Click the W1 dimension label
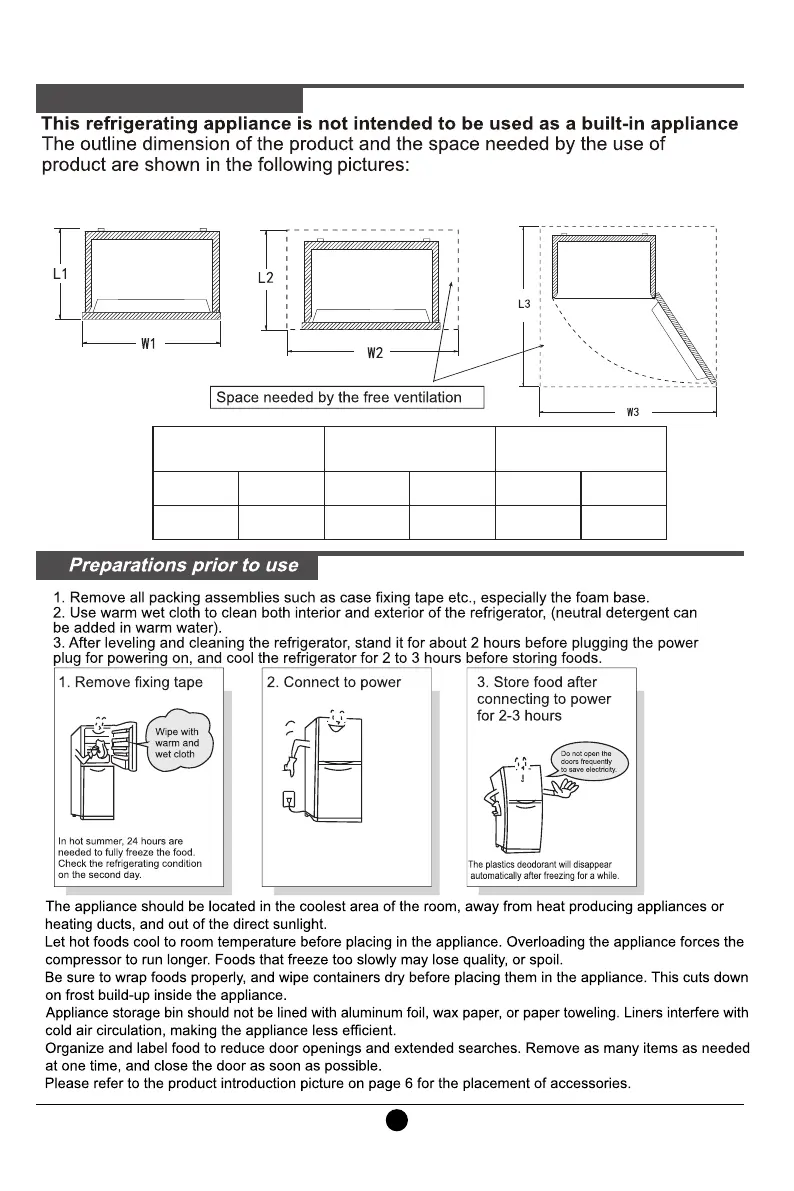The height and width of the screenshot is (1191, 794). coord(148,344)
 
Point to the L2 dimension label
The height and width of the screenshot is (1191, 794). coord(265,277)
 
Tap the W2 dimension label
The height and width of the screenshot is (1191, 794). coord(375,352)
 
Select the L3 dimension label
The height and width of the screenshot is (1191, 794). coord(523,303)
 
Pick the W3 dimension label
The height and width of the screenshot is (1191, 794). coord(632,412)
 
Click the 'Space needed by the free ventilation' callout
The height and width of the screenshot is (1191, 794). coord(339,398)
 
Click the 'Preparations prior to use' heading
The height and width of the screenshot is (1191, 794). coord(183,566)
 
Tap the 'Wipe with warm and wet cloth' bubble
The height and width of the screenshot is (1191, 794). coord(176,743)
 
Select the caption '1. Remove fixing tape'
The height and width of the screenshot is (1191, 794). coord(130,683)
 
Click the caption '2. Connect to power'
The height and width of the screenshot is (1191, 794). coord(334,683)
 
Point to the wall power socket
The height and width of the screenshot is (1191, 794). coord(291,801)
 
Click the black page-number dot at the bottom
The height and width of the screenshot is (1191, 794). coord(397,1120)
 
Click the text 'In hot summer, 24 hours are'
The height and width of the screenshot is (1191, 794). coord(120,842)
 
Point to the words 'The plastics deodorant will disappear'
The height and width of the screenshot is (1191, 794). coord(540,865)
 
